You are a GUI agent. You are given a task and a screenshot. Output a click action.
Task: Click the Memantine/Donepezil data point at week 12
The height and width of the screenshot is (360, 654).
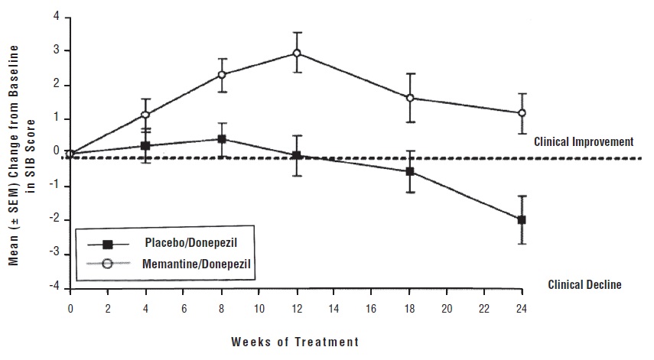tap(296, 54)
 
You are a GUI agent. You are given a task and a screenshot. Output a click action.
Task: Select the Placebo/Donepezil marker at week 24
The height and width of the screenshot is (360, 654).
tap(522, 219)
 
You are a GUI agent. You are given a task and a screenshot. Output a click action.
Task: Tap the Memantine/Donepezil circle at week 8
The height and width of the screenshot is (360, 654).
tap(221, 75)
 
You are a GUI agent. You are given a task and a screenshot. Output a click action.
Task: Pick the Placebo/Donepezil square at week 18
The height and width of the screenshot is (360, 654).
tap(410, 171)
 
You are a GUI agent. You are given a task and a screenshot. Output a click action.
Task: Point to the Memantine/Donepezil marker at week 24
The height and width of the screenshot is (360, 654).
tap(522, 113)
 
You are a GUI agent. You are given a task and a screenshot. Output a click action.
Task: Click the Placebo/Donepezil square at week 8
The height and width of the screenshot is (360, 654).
tap(221, 139)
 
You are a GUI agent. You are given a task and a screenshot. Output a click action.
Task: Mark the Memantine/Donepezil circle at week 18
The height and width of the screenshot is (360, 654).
tap(410, 98)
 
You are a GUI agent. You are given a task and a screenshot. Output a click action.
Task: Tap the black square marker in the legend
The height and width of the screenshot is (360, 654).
tap(107, 245)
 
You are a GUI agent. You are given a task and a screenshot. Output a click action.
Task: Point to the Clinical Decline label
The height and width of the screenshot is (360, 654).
tap(584, 285)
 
